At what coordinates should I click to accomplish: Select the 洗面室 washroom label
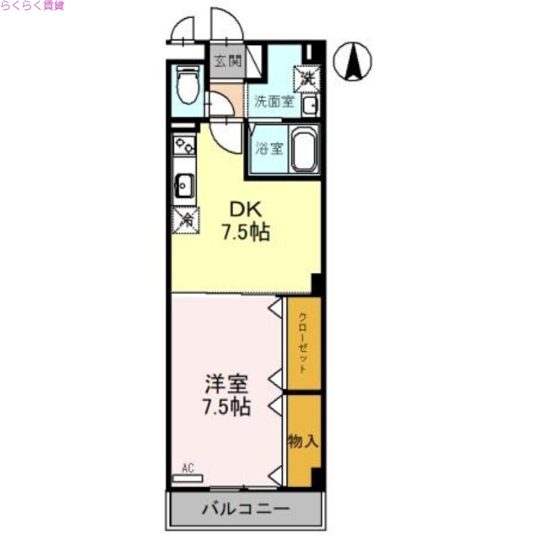click(x=274, y=103)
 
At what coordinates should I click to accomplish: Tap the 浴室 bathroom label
click(x=270, y=148)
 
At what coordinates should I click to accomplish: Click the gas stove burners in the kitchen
click(x=183, y=145)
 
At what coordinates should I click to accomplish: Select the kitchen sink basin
click(x=185, y=184)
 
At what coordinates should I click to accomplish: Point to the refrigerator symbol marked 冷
click(x=185, y=219)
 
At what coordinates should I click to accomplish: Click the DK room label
click(x=245, y=207)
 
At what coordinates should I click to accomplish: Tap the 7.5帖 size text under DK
click(x=246, y=233)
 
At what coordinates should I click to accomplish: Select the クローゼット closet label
click(x=303, y=342)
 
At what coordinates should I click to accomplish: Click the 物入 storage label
click(x=302, y=442)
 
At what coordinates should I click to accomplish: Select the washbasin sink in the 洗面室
click(x=310, y=105)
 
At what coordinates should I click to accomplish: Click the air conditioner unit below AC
click(x=186, y=479)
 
